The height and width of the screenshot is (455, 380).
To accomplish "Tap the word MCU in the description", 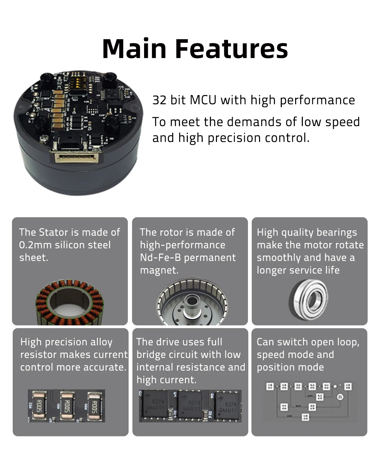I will point(203,100).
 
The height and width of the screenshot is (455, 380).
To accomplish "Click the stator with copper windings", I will point(69,303).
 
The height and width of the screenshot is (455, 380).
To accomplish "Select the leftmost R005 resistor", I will point(39,406).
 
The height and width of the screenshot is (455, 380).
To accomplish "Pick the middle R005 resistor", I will point(67,406).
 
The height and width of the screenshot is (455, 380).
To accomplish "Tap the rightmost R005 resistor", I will point(94,407).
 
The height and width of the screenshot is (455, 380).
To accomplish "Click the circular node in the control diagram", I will point(340,397).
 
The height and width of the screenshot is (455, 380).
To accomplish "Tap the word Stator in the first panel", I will point(53,232).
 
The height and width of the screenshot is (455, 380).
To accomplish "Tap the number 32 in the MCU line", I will point(159,100).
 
